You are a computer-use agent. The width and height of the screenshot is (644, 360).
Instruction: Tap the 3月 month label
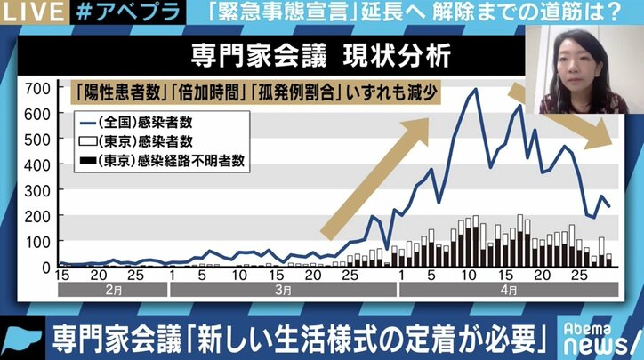(281, 289)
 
